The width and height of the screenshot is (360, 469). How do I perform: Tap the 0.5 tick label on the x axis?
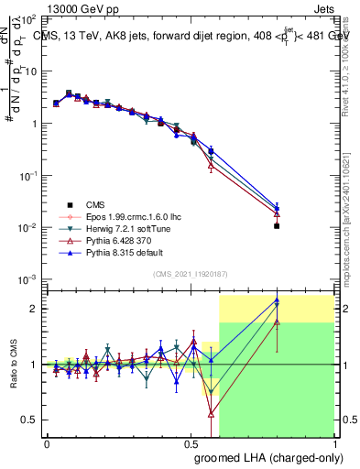(191, 444)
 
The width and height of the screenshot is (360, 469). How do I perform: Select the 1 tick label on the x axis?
(334, 444)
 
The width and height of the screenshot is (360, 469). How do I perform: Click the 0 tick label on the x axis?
(47, 444)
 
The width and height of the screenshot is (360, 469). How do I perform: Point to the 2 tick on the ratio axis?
(35, 309)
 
